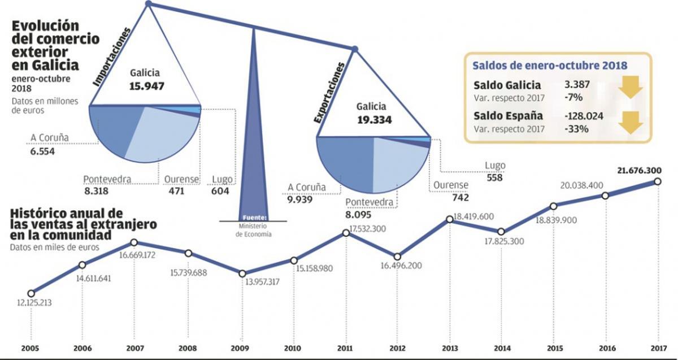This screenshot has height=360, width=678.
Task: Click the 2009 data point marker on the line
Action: (242, 274)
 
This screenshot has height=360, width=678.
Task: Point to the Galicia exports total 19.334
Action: (371, 120)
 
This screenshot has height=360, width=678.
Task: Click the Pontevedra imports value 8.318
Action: (96, 191)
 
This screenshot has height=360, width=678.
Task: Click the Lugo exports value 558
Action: (494, 177)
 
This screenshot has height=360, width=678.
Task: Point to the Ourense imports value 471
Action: (174, 191)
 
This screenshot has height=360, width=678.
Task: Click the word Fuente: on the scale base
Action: (253, 218)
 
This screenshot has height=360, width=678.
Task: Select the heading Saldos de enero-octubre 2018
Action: (549, 65)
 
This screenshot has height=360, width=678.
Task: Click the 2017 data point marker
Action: (658, 181)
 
